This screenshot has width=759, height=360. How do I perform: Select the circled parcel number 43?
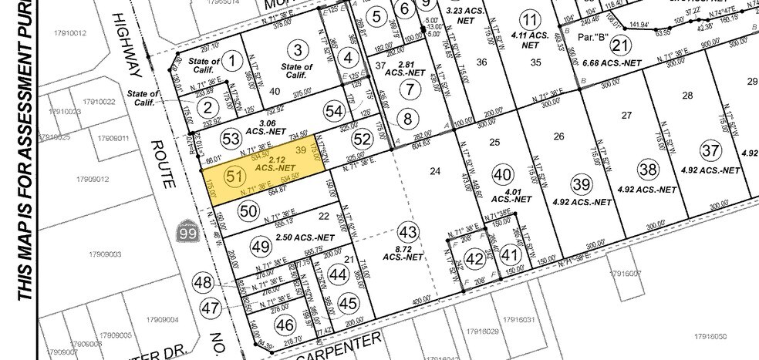pos(409,231)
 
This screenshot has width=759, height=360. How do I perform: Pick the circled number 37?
pos(710,150)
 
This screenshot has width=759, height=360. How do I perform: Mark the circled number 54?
pos(335,112)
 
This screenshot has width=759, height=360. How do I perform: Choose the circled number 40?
pos(502,174)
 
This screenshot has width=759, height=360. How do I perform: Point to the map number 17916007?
pos(625,273)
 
